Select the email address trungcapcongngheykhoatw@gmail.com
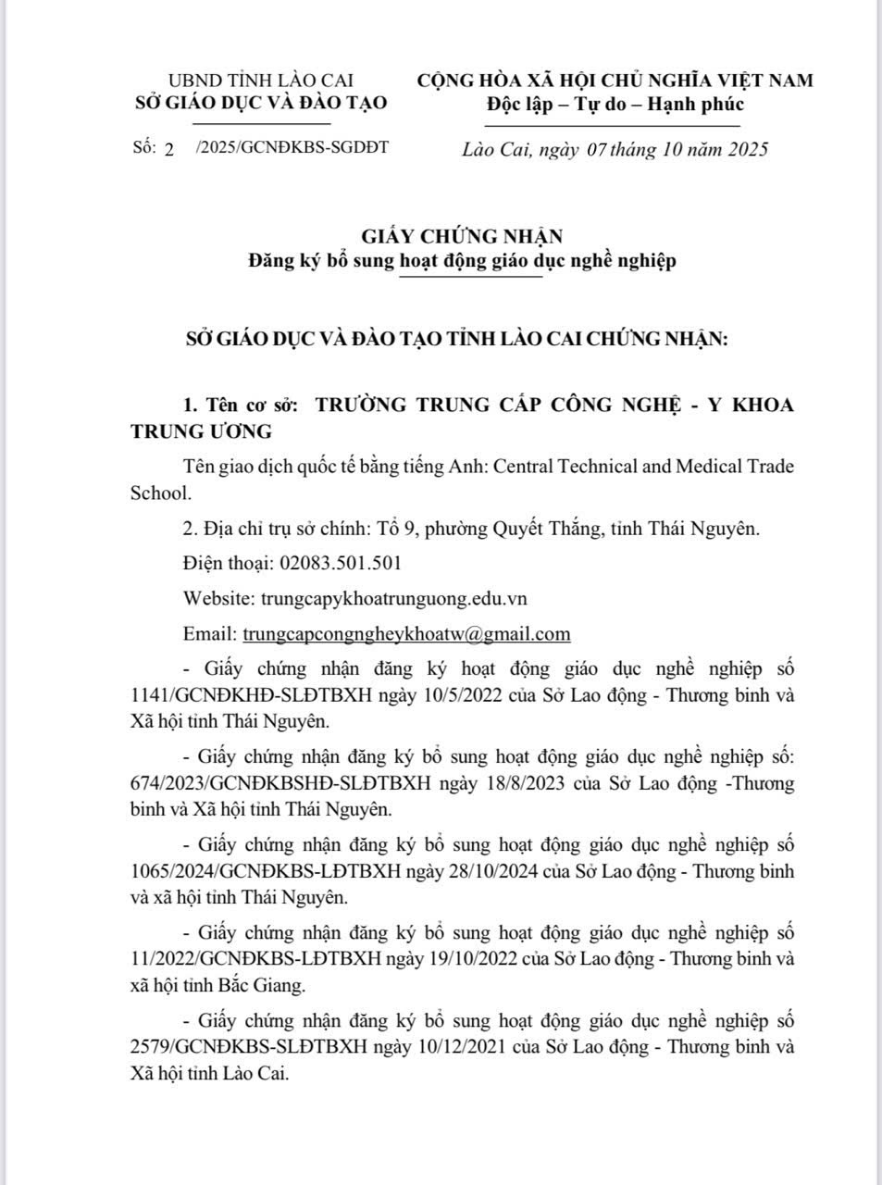point(406,634)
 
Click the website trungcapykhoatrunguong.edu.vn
point(394,599)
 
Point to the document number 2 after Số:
point(168,150)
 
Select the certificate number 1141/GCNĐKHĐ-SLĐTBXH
point(245,694)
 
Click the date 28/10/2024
point(520,871)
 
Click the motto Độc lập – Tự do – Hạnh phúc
point(615,105)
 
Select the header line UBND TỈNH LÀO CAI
point(260,81)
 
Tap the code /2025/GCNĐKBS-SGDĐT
point(292,148)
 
